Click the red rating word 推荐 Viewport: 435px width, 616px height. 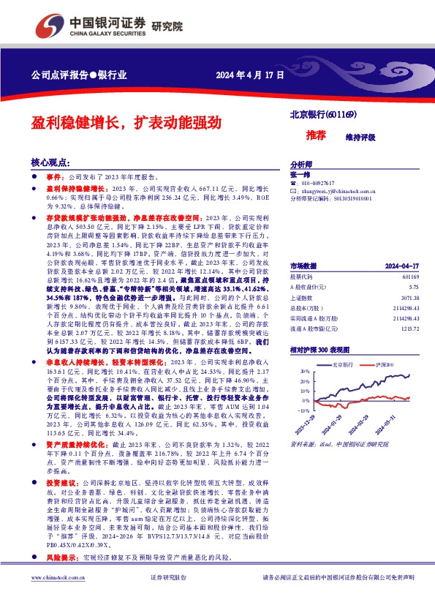pyautogui.click(x=296, y=136)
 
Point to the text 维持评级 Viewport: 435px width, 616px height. pyautogui.click(x=340, y=137)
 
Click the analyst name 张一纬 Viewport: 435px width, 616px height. pyautogui.click(x=300, y=175)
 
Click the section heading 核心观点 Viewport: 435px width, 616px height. pyautogui.click(x=50, y=163)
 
